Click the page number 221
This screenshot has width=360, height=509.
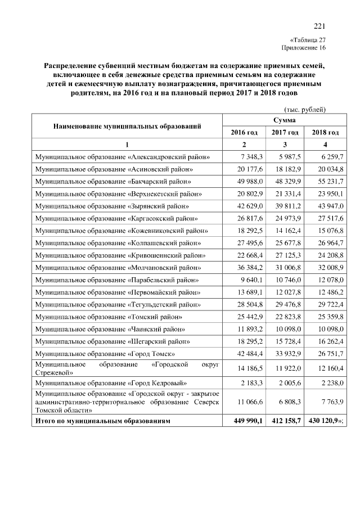[x=319, y=26]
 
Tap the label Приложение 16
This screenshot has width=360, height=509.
[x=307, y=48]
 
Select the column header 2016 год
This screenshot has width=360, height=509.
[x=244, y=132]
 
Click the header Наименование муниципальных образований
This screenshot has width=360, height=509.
[x=127, y=126]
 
